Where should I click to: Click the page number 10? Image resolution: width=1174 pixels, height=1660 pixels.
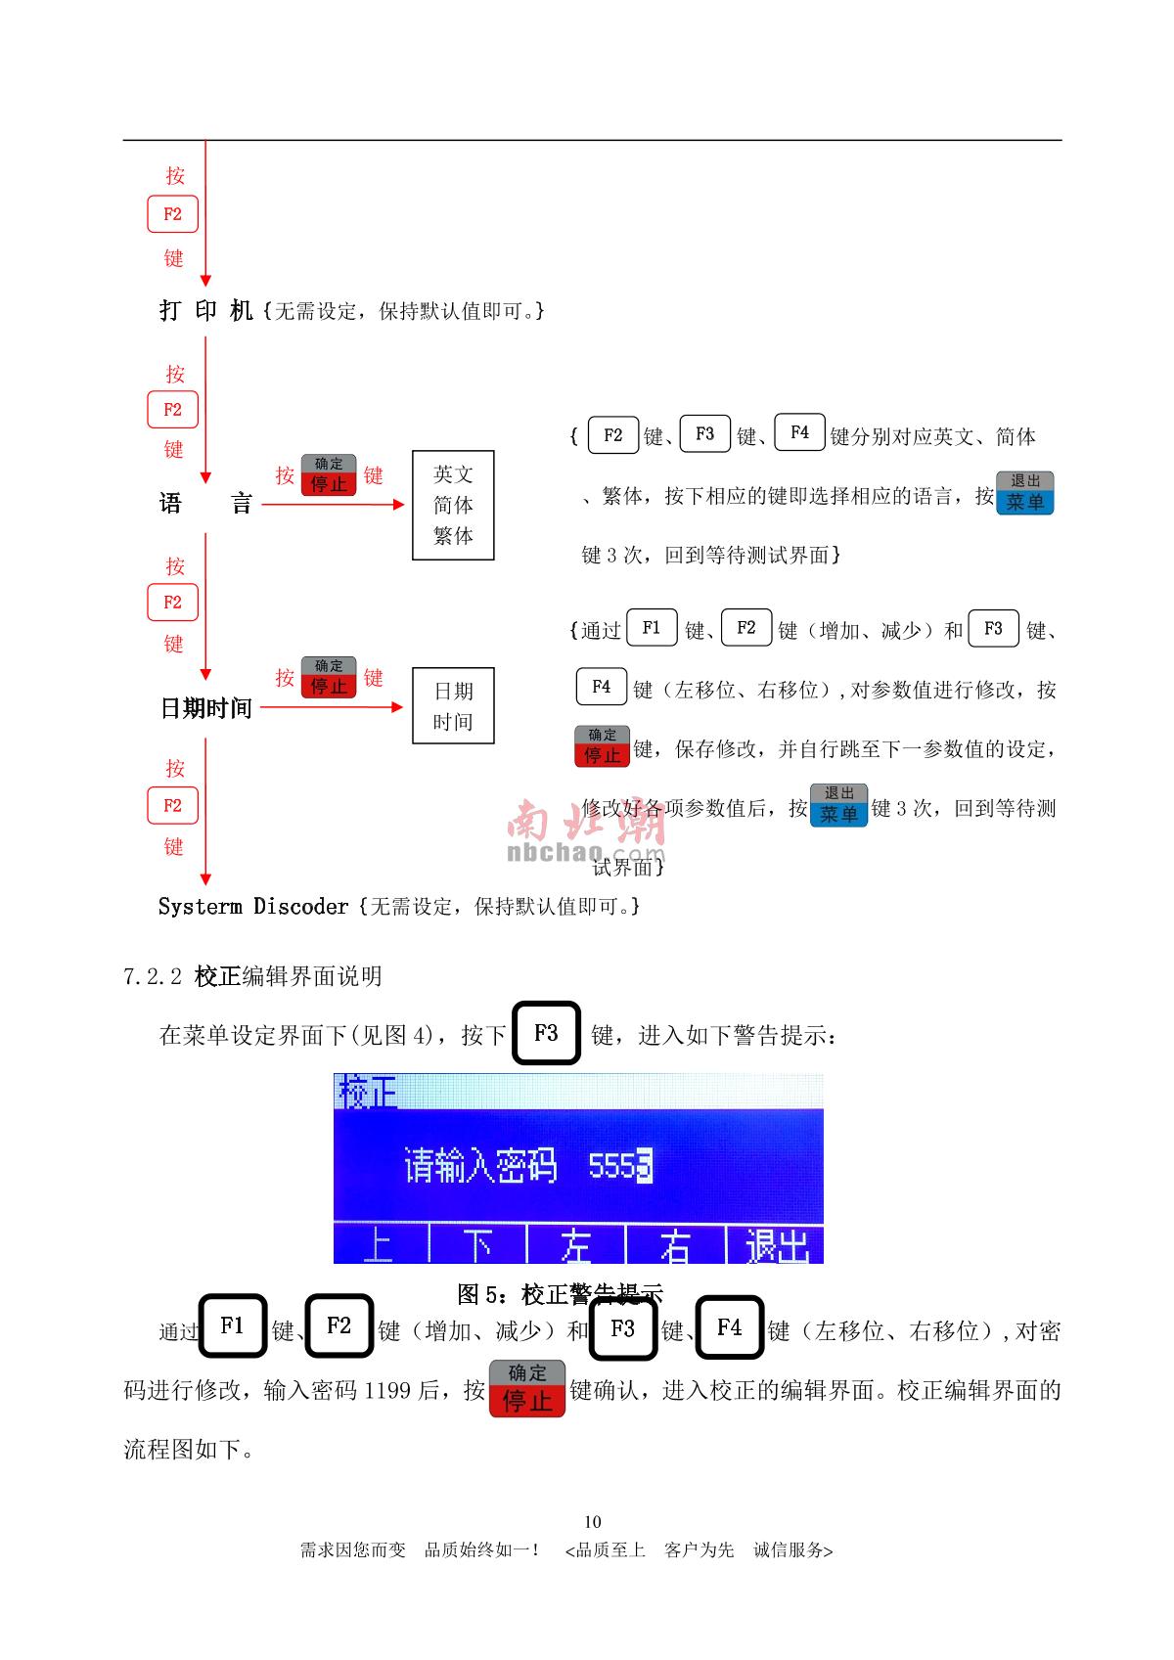592,1521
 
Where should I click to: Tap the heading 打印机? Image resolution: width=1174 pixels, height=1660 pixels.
206,311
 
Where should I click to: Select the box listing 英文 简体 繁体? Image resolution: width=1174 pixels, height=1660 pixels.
453,505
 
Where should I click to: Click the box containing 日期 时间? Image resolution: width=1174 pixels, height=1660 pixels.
453,706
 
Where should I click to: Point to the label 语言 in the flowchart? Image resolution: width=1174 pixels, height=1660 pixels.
205,504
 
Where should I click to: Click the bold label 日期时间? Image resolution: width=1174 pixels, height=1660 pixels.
205,707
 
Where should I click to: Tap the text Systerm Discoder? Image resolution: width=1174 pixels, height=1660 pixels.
253,907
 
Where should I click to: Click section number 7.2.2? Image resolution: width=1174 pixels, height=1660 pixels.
153,976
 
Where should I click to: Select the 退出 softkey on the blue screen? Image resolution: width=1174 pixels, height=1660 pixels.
777,1245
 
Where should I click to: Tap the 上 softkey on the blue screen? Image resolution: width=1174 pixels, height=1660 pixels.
379,1245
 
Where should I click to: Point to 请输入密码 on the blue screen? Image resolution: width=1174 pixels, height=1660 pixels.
480,1166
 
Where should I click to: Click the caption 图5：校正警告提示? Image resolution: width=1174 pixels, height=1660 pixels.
560,1294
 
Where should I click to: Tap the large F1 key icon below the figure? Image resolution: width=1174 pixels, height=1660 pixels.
233,1326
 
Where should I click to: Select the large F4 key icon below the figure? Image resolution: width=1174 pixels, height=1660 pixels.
730,1327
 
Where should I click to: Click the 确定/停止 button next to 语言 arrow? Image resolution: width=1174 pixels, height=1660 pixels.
329,474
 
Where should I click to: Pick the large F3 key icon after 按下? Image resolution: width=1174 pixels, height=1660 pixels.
546,1033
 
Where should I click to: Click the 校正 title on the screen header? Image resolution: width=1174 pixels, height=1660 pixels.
368,1092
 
